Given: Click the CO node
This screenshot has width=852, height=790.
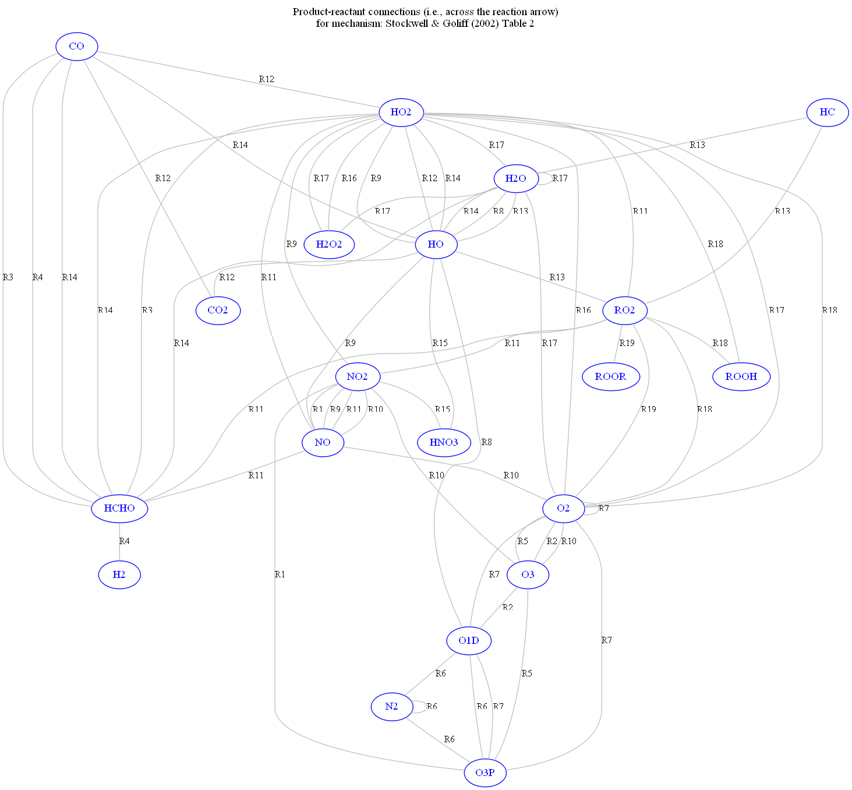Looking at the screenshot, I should click(76, 46).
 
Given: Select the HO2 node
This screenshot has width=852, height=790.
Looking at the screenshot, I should click(401, 112).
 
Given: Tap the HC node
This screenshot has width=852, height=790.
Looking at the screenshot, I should click(827, 112).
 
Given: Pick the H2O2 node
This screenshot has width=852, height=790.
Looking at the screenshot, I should click(329, 244).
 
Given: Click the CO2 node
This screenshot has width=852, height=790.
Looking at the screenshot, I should click(218, 310).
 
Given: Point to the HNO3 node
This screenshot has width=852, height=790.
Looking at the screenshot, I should click(444, 442).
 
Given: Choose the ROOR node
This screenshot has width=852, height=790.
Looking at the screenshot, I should click(610, 376).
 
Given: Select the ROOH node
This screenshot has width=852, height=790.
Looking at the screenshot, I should click(741, 376).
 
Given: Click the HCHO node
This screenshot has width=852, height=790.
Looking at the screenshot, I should click(119, 508).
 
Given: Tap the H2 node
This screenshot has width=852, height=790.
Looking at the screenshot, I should click(119, 574).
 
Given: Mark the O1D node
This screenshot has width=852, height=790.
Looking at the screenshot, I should click(469, 641).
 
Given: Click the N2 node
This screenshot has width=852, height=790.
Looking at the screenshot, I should click(391, 707).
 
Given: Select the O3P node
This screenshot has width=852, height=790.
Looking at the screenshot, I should click(485, 773).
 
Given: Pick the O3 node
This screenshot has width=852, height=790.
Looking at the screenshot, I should click(528, 574).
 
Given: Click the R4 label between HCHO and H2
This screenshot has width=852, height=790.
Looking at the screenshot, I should click(125, 541).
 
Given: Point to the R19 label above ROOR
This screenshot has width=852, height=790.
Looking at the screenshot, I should click(627, 343).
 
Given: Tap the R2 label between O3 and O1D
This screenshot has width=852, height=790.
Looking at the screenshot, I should click(508, 608).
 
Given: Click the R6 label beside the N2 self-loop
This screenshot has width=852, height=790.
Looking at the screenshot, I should click(432, 707).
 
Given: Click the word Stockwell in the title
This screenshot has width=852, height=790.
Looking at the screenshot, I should click(406, 23).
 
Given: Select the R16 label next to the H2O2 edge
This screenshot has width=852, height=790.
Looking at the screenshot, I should click(349, 178).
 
